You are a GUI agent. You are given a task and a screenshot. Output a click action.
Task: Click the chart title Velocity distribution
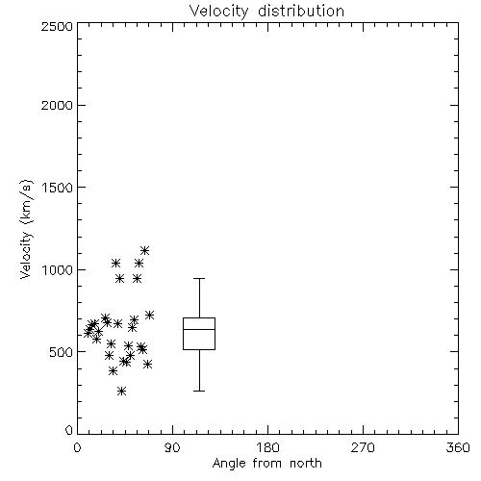(x=266, y=12)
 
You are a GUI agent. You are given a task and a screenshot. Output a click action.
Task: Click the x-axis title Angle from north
(x=266, y=463)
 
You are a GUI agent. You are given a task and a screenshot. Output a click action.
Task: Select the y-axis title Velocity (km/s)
(x=26, y=229)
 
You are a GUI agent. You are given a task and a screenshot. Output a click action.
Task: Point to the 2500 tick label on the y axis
(x=57, y=26)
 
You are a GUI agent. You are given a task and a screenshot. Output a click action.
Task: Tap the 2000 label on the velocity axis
(x=57, y=105)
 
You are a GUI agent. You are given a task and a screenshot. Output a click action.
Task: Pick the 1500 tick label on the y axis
(x=57, y=188)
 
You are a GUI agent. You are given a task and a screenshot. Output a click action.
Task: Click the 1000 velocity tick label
(x=57, y=269)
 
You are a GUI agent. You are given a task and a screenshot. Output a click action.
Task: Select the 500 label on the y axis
(x=62, y=352)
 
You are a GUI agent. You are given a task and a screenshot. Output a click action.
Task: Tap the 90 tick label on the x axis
(x=172, y=447)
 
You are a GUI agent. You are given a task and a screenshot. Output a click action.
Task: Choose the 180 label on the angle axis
(x=267, y=447)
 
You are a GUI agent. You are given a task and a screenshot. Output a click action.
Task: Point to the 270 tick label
(x=363, y=447)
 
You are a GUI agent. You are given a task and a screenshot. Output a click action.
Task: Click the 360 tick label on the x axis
(x=458, y=447)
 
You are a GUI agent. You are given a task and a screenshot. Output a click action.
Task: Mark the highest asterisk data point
(x=145, y=250)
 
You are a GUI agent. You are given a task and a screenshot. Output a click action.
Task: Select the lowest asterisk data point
(x=121, y=391)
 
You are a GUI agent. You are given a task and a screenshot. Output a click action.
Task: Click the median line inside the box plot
(x=199, y=329)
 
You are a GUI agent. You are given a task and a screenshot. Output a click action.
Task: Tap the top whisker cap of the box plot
(x=199, y=279)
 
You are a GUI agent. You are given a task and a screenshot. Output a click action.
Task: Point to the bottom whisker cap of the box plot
(x=199, y=391)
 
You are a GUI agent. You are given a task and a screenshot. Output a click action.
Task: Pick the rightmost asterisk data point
(x=149, y=316)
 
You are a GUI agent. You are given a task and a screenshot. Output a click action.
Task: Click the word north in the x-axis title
(x=306, y=463)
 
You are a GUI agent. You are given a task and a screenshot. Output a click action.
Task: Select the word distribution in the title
(x=301, y=12)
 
